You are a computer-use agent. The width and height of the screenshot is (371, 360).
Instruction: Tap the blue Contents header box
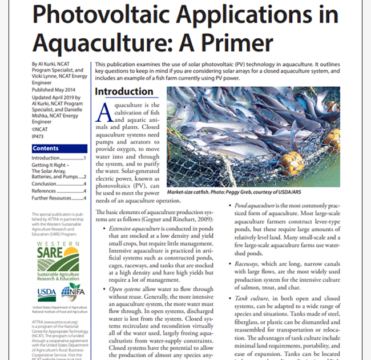[x=59, y=148]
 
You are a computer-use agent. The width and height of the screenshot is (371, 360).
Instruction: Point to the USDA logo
[x=47, y=293]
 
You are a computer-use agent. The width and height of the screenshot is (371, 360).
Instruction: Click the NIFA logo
[x=72, y=292]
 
